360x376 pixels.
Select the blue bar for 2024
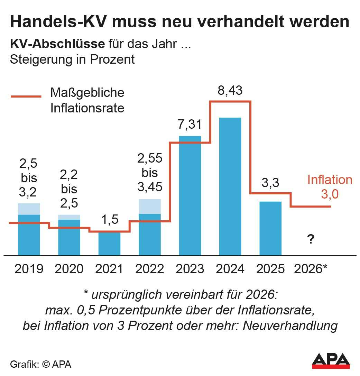(x=230, y=187)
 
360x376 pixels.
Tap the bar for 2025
(x=270, y=228)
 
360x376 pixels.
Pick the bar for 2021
(x=109, y=244)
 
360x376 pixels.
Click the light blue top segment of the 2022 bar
(x=149, y=206)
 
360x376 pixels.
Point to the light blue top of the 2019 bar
(x=29, y=209)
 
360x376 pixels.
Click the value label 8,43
(x=230, y=91)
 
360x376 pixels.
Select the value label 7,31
(x=189, y=125)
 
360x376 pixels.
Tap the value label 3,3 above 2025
(x=270, y=183)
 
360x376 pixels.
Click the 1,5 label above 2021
(x=109, y=219)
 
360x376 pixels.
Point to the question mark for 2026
(x=311, y=239)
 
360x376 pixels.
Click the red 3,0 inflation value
(x=330, y=194)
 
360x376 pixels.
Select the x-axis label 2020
(x=69, y=269)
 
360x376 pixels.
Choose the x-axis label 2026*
(x=311, y=269)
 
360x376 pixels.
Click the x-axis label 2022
(x=149, y=269)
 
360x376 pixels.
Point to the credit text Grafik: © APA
(x=41, y=364)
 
